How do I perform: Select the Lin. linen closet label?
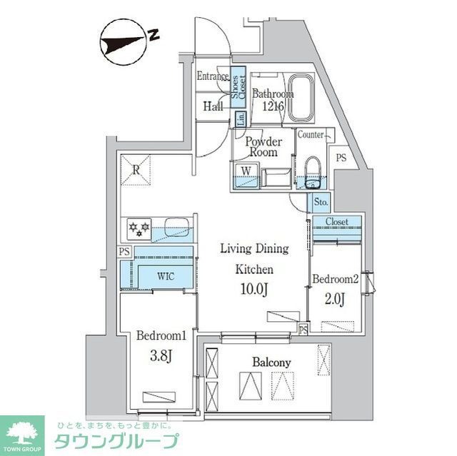click(241, 118)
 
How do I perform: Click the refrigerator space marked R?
click(136, 169)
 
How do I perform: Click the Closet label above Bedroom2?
click(336, 222)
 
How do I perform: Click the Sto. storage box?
click(321, 202)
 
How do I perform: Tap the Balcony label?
click(271, 363)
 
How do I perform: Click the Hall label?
click(212, 106)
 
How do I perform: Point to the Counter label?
click(311, 134)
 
